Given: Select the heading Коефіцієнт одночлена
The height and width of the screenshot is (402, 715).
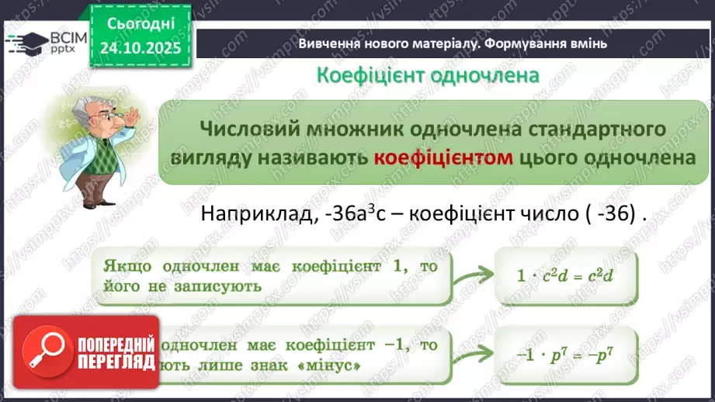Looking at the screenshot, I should tap(427, 75).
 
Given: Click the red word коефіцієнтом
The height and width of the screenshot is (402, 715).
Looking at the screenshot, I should tap(443, 158).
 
